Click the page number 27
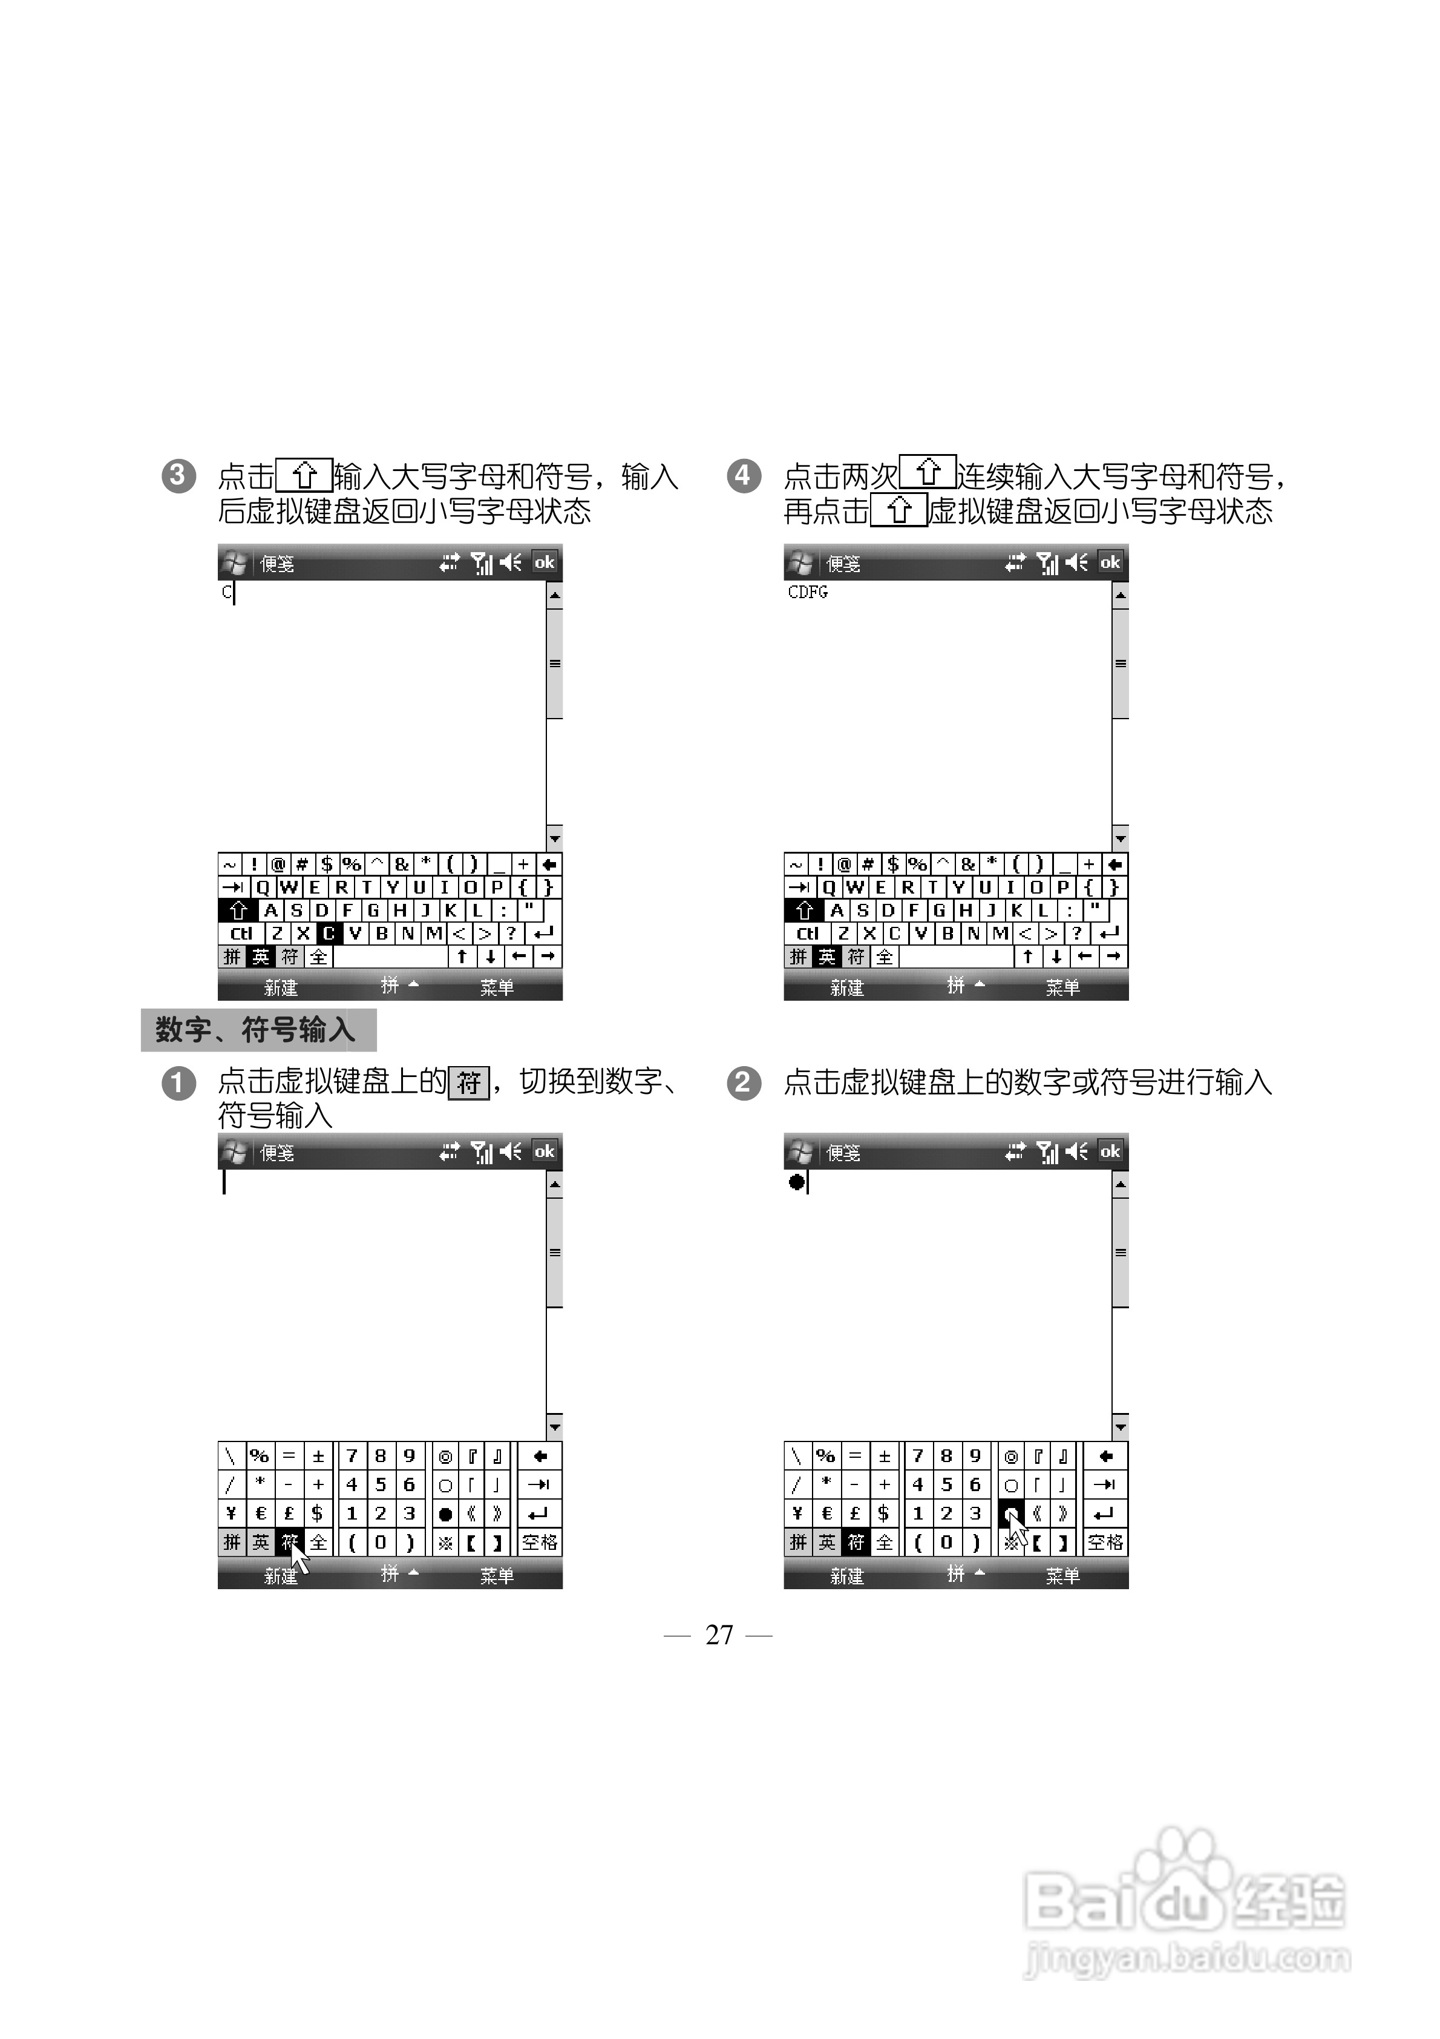coord(719,1635)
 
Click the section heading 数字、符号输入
coord(257,1030)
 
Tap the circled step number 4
coord(743,476)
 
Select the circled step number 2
coord(743,1082)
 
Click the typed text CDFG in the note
coord(807,592)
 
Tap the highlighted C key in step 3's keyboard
coord(329,934)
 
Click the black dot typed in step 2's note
coord(796,1182)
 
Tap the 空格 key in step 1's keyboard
coord(539,1543)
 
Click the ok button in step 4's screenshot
coord(1110,562)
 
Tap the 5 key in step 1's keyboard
coord(380,1485)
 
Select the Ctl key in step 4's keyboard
coord(807,934)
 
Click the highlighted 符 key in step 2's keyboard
coord(855,1543)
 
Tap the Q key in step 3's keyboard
coord(263,887)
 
